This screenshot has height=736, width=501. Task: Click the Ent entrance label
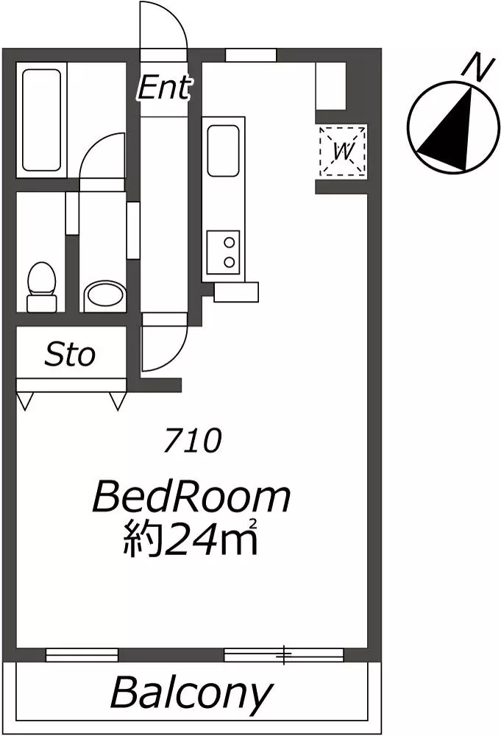tap(164, 88)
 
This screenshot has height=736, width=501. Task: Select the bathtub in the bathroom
tap(41, 120)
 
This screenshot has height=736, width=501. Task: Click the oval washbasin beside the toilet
tap(105, 297)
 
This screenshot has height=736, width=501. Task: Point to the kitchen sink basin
tap(224, 150)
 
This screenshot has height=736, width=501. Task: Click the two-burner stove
tap(224, 252)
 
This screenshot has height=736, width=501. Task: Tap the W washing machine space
tap(343, 151)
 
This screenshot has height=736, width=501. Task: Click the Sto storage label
tap(70, 355)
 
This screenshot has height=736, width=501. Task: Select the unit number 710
tap(192, 441)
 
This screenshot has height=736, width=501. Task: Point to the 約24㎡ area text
tap(190, 539)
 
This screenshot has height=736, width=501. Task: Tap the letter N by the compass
tap(477, 68)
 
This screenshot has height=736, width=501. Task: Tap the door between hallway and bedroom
tap(164, 343)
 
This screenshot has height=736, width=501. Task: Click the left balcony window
tap(82, 654)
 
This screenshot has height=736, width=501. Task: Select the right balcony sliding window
tap(284, 654)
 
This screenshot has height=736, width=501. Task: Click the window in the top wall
tap(250, 55)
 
